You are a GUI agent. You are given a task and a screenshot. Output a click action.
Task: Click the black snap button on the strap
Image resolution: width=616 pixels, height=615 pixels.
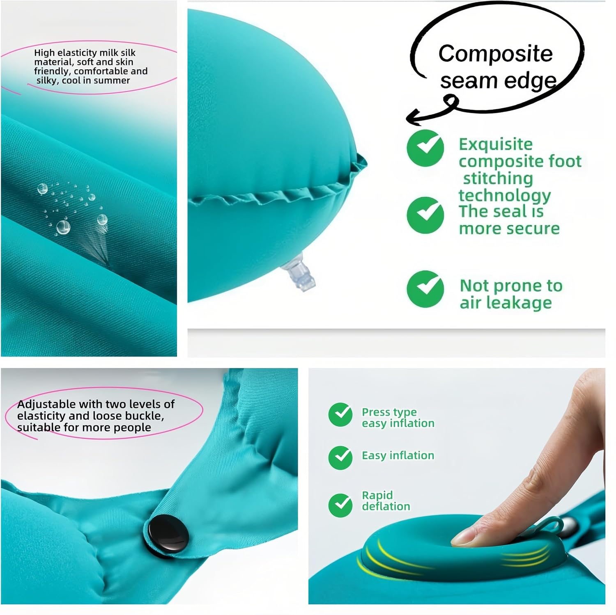click(168, 535)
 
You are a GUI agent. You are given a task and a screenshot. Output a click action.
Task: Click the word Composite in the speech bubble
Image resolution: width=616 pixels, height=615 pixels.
click(496, 54)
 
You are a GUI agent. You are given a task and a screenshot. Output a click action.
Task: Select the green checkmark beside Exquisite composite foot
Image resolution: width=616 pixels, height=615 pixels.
click(425, 148)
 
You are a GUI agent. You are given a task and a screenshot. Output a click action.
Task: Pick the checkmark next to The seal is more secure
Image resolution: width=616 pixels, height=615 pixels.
click(425, 215)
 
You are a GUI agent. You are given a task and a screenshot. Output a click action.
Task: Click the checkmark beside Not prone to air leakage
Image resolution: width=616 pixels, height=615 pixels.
click(425, 289)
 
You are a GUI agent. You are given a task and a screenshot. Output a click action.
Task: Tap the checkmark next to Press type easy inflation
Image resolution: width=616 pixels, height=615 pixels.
click(340, 414)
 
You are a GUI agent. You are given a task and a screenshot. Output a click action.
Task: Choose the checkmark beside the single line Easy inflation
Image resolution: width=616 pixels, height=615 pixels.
click(340, 457)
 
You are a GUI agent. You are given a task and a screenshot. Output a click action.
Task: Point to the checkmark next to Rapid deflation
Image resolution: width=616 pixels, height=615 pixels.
click(340, 505)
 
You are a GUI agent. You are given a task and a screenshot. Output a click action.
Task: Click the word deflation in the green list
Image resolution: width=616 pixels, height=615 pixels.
click(386, 506)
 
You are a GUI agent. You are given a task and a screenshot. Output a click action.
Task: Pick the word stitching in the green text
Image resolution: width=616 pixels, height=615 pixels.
click(498, 179)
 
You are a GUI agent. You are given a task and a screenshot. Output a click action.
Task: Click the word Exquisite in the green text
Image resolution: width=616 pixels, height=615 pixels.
click(496, 144)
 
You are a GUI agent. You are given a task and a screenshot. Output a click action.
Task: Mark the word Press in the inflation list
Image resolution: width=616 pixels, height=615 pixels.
click(375, 412)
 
